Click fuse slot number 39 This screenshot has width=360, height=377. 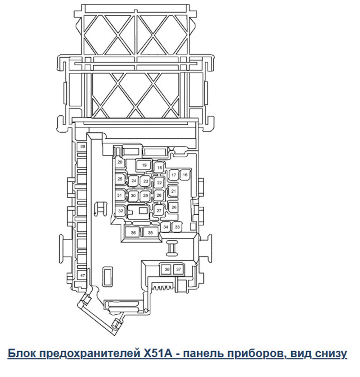tap(82, 147)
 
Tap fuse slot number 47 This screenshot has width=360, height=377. tap(82, 276)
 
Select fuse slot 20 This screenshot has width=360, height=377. tap(120, 162)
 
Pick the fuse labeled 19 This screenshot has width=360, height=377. tap(144, 165)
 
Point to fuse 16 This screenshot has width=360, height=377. tap(184, 175)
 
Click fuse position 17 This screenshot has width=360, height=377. tap(173, 175)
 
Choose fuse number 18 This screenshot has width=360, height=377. tap(160, 168)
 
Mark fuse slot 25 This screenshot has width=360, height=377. tap(120, 179)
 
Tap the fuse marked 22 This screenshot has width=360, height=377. tap(159, 183)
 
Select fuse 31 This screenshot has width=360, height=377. tap(120, 195)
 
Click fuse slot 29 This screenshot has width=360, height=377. tap(145, 196)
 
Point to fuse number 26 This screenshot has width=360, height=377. tap(174, 207)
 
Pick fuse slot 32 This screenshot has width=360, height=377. tap(120, 211)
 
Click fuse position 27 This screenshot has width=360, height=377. tap(159, 211)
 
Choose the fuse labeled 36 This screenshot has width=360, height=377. tap(133, 233)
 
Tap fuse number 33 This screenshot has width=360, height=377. tap(177, 227)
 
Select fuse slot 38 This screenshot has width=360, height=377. tap(166, 269)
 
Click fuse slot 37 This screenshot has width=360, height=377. tap(178, 269)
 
